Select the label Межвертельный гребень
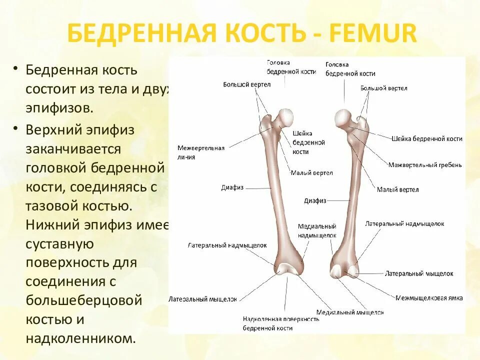425,164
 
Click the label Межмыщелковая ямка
428,297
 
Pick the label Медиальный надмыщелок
317,230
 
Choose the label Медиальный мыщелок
357,312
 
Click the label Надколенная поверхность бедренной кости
280,323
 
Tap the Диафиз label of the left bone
232,187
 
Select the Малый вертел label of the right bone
397,189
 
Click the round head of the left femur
286,117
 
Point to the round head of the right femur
342,117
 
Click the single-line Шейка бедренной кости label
426,138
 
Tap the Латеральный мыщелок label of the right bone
418,273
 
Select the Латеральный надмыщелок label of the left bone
227,245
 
